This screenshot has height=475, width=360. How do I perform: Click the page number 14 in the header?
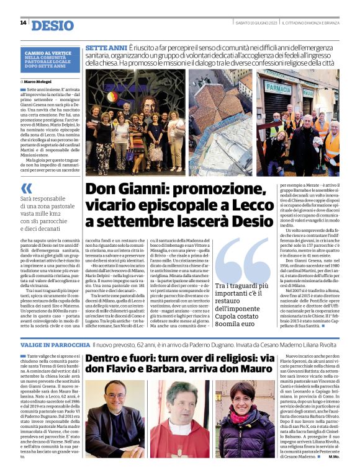pyautogui.click(x=22, y=23)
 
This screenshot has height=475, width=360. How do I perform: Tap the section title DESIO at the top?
pyautogui.click(x=52, y=25)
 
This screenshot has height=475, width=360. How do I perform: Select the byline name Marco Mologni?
pyautogui.click(x=38, y=81)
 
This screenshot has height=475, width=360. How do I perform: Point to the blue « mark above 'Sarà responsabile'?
pyautogui.click(x=26, y=188)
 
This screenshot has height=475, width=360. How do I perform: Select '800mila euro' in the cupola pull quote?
pyautogui.click(x=236, y=340)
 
